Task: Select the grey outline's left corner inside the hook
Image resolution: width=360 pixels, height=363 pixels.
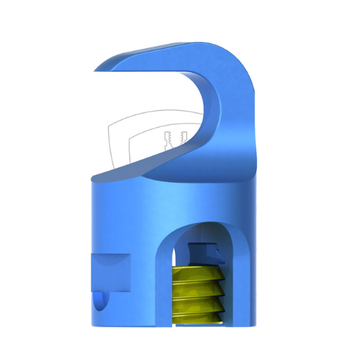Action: point(109,126)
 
